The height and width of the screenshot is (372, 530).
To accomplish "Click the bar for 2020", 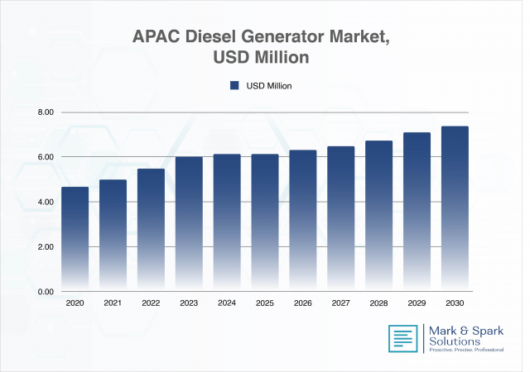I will click(75, 240).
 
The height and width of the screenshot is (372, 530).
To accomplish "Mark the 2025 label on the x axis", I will click(264, 304).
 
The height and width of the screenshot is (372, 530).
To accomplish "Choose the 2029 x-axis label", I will click(416, 304).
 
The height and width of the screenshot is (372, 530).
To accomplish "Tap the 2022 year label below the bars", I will click(151, 304).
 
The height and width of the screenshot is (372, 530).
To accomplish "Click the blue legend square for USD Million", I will click(234, 85).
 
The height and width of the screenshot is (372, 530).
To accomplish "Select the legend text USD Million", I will click(269, 85).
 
